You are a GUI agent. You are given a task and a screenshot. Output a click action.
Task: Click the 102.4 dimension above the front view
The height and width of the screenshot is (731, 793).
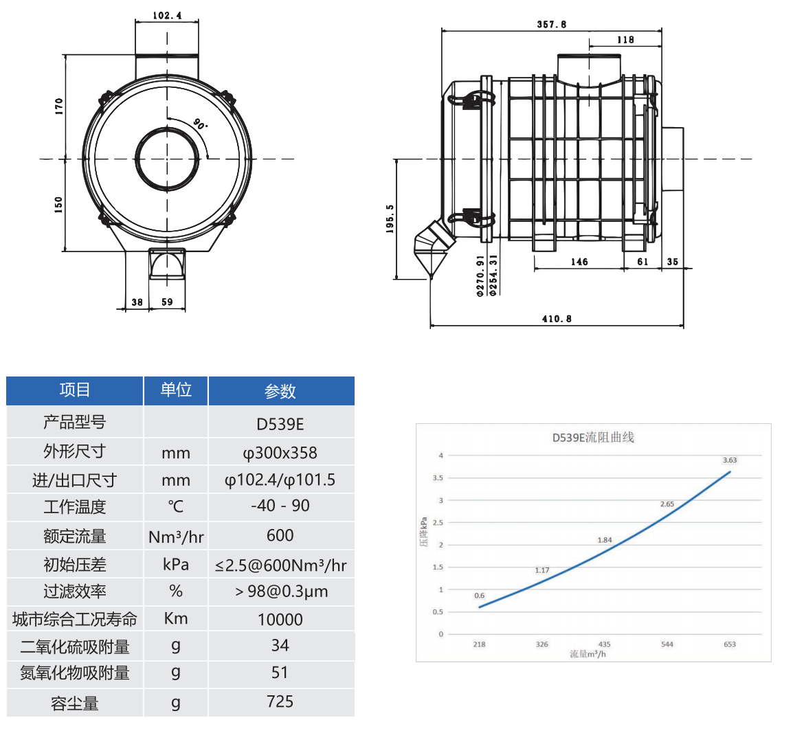(167, 15)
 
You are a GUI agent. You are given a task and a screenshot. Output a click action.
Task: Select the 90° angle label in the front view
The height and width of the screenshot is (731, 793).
(201, 124)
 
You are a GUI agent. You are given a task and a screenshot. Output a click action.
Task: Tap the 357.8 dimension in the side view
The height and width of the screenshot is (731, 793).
(552, 24)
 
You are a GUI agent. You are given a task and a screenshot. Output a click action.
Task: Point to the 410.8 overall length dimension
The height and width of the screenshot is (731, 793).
(557, 319)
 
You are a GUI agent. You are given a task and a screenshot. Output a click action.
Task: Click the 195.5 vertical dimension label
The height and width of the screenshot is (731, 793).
(390, 219)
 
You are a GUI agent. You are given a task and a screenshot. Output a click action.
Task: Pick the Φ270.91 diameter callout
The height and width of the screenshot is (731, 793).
(480, 275)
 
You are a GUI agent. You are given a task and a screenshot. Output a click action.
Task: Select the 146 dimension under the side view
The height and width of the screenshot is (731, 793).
(579, 262)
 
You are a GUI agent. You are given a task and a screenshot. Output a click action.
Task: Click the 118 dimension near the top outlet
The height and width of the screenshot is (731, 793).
(625, 39)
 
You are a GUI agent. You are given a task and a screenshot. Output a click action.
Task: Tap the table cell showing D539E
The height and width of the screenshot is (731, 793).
(280, 424)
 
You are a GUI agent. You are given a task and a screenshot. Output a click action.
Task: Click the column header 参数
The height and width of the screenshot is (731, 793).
(280, 391)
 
